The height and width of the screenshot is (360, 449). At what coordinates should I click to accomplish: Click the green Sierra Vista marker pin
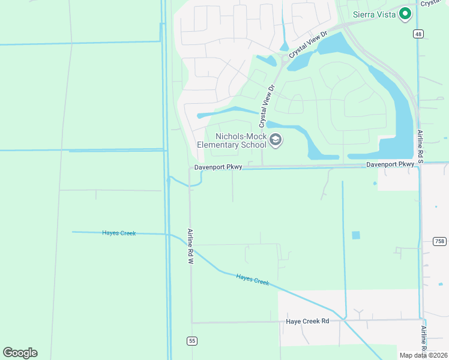point(405,13)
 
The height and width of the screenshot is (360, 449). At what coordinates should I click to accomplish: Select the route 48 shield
point(418,34)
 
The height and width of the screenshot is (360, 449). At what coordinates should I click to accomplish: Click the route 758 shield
point(439,241)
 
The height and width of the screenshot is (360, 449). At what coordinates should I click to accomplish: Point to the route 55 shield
point(191,341)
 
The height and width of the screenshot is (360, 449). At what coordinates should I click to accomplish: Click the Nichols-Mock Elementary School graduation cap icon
point(276,140)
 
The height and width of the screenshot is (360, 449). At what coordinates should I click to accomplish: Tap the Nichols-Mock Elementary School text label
point(232,140)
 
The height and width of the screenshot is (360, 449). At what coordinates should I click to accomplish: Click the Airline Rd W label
point(190,246)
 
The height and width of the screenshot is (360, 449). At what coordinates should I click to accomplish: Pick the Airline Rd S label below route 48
point(420,144)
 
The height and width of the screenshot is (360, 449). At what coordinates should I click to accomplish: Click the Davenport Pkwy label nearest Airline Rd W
point(218,167)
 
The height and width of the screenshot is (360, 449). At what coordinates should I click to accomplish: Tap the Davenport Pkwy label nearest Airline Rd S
point(390,164)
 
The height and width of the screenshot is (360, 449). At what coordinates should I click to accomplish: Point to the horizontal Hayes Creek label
point(119,233)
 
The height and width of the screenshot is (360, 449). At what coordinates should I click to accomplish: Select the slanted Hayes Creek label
point(252,278)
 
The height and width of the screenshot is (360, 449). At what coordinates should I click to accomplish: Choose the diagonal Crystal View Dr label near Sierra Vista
point(308,45)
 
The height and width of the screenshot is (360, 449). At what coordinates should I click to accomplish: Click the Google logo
point(20,353)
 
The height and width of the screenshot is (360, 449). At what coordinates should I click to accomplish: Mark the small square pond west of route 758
point(356,235)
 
